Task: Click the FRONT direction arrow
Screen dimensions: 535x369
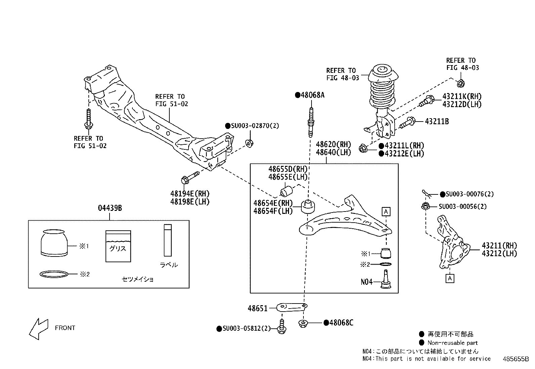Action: (38, 329)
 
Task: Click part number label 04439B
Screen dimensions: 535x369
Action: (110, 208)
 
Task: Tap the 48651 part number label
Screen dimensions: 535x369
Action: (257, 308)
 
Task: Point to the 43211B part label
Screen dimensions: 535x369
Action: (437, 122)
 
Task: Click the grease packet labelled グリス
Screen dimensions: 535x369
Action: (118, 246)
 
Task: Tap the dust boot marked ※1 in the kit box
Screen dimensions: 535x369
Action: (54, 243)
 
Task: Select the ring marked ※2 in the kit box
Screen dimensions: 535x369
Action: (54, 274)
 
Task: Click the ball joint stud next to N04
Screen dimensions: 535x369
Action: (385, 279)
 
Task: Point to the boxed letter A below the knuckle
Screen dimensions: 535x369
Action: (450, 278)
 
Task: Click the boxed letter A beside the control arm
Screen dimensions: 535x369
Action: (386, 212)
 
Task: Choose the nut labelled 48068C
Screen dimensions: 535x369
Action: (303, 324)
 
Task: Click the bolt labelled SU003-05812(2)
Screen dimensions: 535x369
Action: (282, 326)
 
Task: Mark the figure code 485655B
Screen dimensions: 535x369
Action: (516, 359)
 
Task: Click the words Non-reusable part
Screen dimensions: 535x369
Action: (452, 343)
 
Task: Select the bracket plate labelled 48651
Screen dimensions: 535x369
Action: (292, 307)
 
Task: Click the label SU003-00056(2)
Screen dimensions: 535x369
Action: (462, 206)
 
